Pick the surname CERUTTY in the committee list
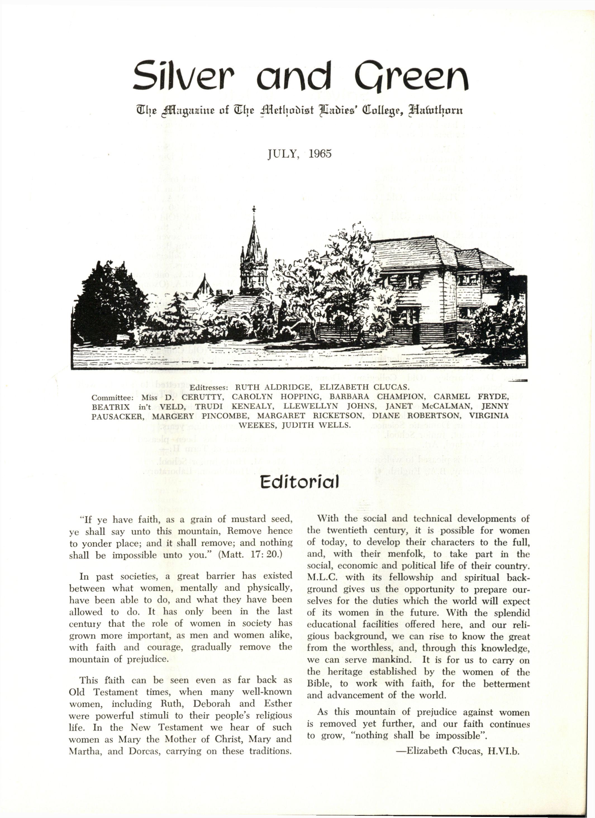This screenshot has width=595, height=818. coord(199,397)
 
